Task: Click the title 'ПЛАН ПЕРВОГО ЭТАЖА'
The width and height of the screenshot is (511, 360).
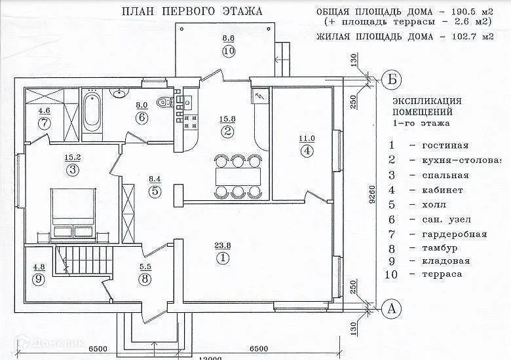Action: [192, 11]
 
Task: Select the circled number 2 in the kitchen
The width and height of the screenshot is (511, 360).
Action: [228, 132]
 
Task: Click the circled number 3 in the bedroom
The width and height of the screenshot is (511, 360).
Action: [71, 170]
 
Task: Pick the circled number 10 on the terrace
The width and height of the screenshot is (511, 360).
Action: [229, 52]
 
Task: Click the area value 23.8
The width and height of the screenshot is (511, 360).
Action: [223, 246]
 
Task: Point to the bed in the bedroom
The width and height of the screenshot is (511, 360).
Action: [73, 209]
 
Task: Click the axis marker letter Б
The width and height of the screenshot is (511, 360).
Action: [392, 79]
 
